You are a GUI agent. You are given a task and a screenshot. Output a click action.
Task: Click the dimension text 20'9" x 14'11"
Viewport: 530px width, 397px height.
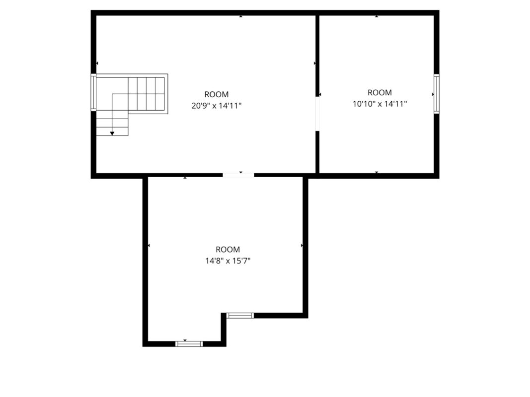pos(217,106)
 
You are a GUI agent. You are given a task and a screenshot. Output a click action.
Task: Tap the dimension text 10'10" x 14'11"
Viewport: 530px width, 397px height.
pos(379,104)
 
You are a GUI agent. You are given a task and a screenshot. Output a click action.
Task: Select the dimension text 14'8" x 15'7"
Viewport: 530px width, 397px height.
pos(228,261)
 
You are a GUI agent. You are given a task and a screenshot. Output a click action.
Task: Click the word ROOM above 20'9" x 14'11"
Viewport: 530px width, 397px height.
pos(217,94)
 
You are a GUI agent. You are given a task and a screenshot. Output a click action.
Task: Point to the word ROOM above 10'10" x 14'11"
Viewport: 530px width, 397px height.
pos(379,92)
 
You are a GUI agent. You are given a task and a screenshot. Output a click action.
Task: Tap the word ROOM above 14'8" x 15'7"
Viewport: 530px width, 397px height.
pos(228,250)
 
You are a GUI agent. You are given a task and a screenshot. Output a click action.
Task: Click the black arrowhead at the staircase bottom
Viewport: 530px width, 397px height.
pos(112,133)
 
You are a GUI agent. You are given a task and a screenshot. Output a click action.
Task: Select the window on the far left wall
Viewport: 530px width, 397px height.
pos(93,92)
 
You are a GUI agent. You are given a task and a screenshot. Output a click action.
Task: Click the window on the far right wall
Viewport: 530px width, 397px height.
pos(437,94)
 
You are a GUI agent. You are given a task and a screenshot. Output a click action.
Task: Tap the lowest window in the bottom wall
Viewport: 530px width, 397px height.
pos(189,344)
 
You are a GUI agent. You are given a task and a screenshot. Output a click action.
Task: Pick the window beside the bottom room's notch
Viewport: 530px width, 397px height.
pos(240,315)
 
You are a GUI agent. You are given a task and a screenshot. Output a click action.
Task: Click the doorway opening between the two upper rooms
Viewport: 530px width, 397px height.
pos(317,114)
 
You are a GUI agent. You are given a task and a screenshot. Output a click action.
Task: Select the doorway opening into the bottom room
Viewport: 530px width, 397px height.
pos(238,175)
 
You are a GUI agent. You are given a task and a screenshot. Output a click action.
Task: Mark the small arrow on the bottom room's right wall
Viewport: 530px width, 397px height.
pos(302,246)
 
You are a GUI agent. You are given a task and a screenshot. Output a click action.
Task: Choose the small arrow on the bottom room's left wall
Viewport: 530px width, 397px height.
pos(149,246)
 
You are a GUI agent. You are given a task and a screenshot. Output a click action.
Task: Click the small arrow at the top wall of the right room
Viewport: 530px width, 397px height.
pos(377,16)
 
